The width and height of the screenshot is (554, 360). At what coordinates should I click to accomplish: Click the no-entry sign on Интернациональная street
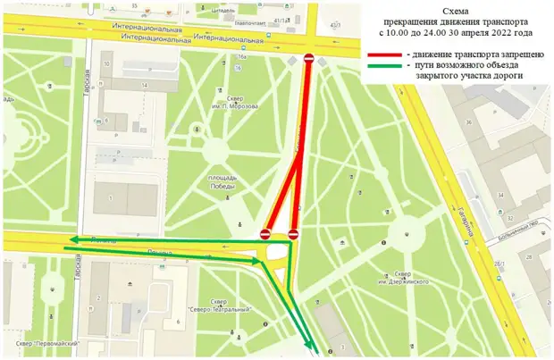point(309,60)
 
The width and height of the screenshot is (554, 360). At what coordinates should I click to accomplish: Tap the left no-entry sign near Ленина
point(265,233)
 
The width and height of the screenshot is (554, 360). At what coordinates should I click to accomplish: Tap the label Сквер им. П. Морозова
point(239,101)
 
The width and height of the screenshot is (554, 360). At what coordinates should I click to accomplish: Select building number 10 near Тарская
point(105,64)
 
